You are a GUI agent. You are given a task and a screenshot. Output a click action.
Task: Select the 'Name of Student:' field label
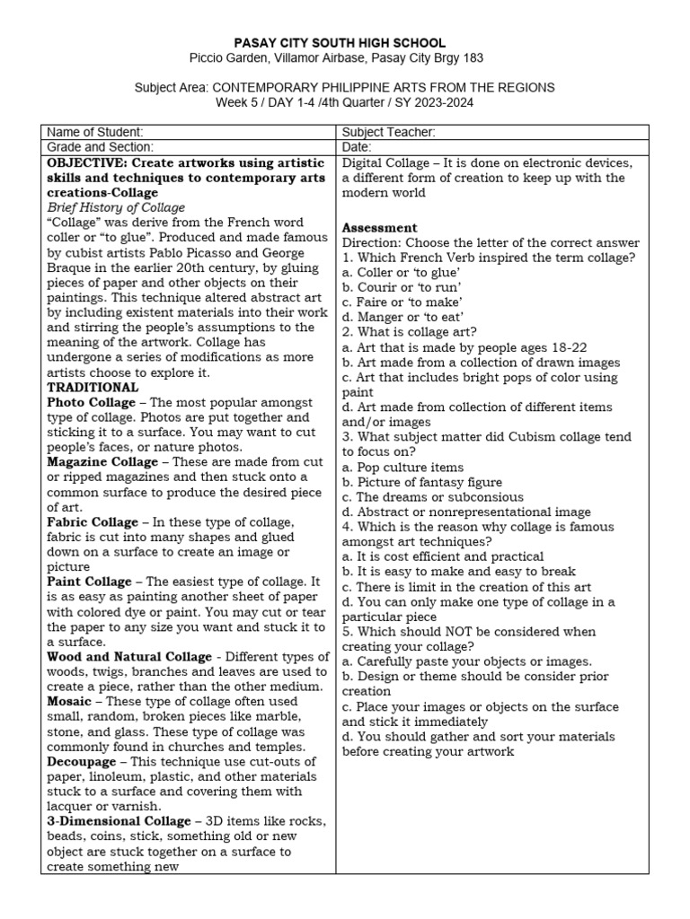click(95, 132)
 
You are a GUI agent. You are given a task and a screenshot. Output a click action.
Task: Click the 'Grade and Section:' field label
click(101, 147)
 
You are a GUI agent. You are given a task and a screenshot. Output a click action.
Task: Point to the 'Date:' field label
click(357, 147)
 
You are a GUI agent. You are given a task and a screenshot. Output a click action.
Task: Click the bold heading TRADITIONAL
click(93, 388)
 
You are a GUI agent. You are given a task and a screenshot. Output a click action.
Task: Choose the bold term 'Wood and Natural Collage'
click(129, 657)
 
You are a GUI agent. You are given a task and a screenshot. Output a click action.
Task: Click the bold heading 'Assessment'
click(379, 228)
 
